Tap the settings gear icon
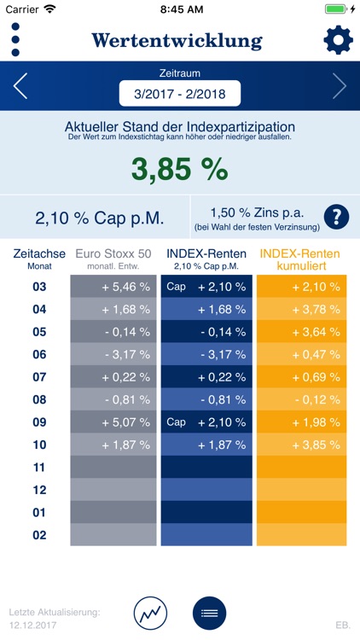[337, 40]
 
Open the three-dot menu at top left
[15, 40]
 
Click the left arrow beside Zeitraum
[21, 86]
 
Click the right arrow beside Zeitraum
[339, 86]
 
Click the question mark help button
[336, 217]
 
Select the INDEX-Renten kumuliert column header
[299, 259]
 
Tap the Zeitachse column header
[39, 259]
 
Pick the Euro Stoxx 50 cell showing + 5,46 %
[114, 287]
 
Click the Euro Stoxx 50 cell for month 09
[114, 422]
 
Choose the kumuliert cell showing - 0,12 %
[299, 399]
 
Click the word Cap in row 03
[177, 287]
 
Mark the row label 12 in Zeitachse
[39, 490]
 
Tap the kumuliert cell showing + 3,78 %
[299, 309]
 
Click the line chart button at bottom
[150, 613]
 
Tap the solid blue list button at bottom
[209, 613]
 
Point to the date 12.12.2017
[32, 625]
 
